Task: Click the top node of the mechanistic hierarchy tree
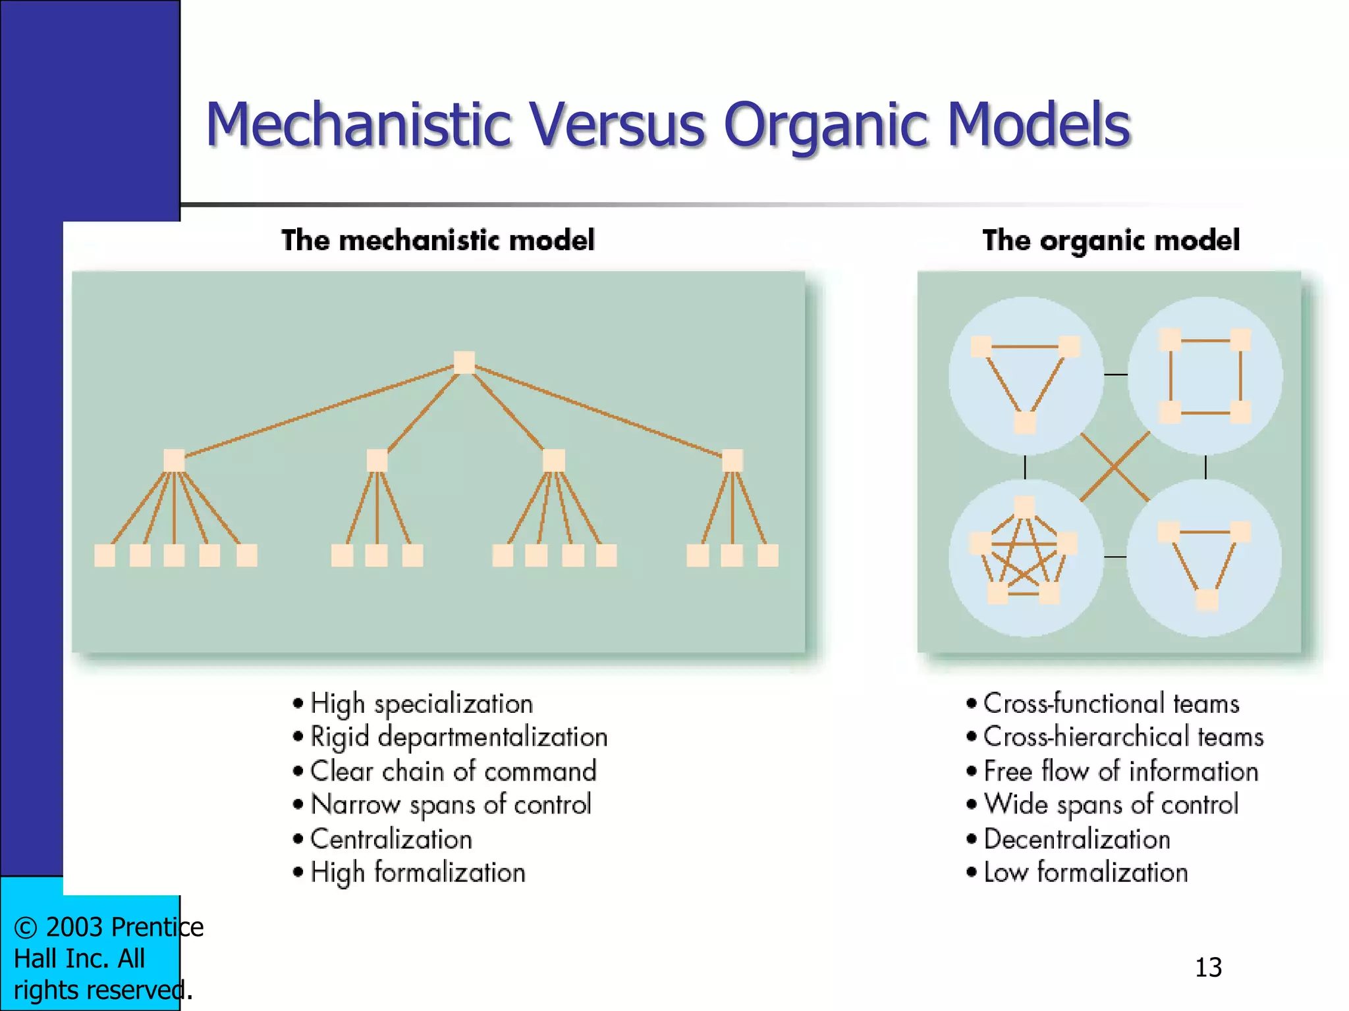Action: tap(464, 362)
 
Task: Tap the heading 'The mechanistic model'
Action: tap(438, 240)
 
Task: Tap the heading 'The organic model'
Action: tap(1111, 240)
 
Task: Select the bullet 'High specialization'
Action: tap(422, 704)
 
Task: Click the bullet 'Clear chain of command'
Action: tap(453, 771)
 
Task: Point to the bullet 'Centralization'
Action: tap(391, 839)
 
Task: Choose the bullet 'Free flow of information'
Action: tap(1120, 771)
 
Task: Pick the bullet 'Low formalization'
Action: tap(1086, 873)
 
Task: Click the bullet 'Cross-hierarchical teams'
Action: tap(1123, 737)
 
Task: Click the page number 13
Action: tap(1208, 968)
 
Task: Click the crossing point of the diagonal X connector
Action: tap(1115, 467)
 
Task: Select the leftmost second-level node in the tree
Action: tap(174, 460)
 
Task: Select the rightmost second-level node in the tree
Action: tap(732, 460)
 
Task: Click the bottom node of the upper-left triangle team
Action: tap(1025, 422)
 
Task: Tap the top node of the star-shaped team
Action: tap(1024, 507)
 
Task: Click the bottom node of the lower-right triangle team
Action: tap(1207, 600)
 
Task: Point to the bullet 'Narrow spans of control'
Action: tap(451, 805)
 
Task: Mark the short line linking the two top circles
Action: tap(1115, 375)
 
